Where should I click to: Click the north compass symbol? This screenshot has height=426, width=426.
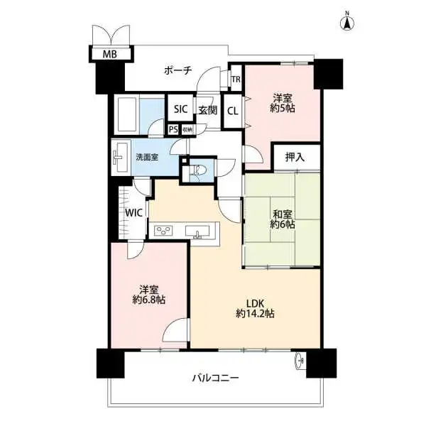click(347, 22)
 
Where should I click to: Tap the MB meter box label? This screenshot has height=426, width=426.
click(110, 55)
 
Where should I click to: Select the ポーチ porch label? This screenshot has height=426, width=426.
click(178, 70)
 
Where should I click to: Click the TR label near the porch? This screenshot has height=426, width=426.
click(236, 80)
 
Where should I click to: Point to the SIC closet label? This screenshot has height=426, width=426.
click(180, 109)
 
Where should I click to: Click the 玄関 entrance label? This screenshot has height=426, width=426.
click(207, 110)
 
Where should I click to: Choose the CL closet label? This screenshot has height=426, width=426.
click(233, 111)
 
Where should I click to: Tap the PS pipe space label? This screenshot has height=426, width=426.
click(173, 129)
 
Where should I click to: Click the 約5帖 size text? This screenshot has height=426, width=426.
click(283, 109)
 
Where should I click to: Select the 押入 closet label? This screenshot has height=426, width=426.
click(295, 157)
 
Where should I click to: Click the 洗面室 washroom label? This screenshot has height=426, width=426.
click(147, 157)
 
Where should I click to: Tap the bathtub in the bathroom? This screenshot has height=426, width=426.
click(127, 114)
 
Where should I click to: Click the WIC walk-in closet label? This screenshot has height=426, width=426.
click(134, 213)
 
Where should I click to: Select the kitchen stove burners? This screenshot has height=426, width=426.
click(163, 231)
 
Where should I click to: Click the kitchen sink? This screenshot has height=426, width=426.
click(197, 231)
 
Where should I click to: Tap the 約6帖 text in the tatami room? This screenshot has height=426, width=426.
click(283, 225)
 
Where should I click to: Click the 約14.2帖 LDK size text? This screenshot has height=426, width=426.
click(255, 314)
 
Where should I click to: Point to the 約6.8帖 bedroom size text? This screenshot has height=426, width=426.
click(149, 300)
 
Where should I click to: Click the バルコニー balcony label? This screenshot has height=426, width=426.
click(215, 378)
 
